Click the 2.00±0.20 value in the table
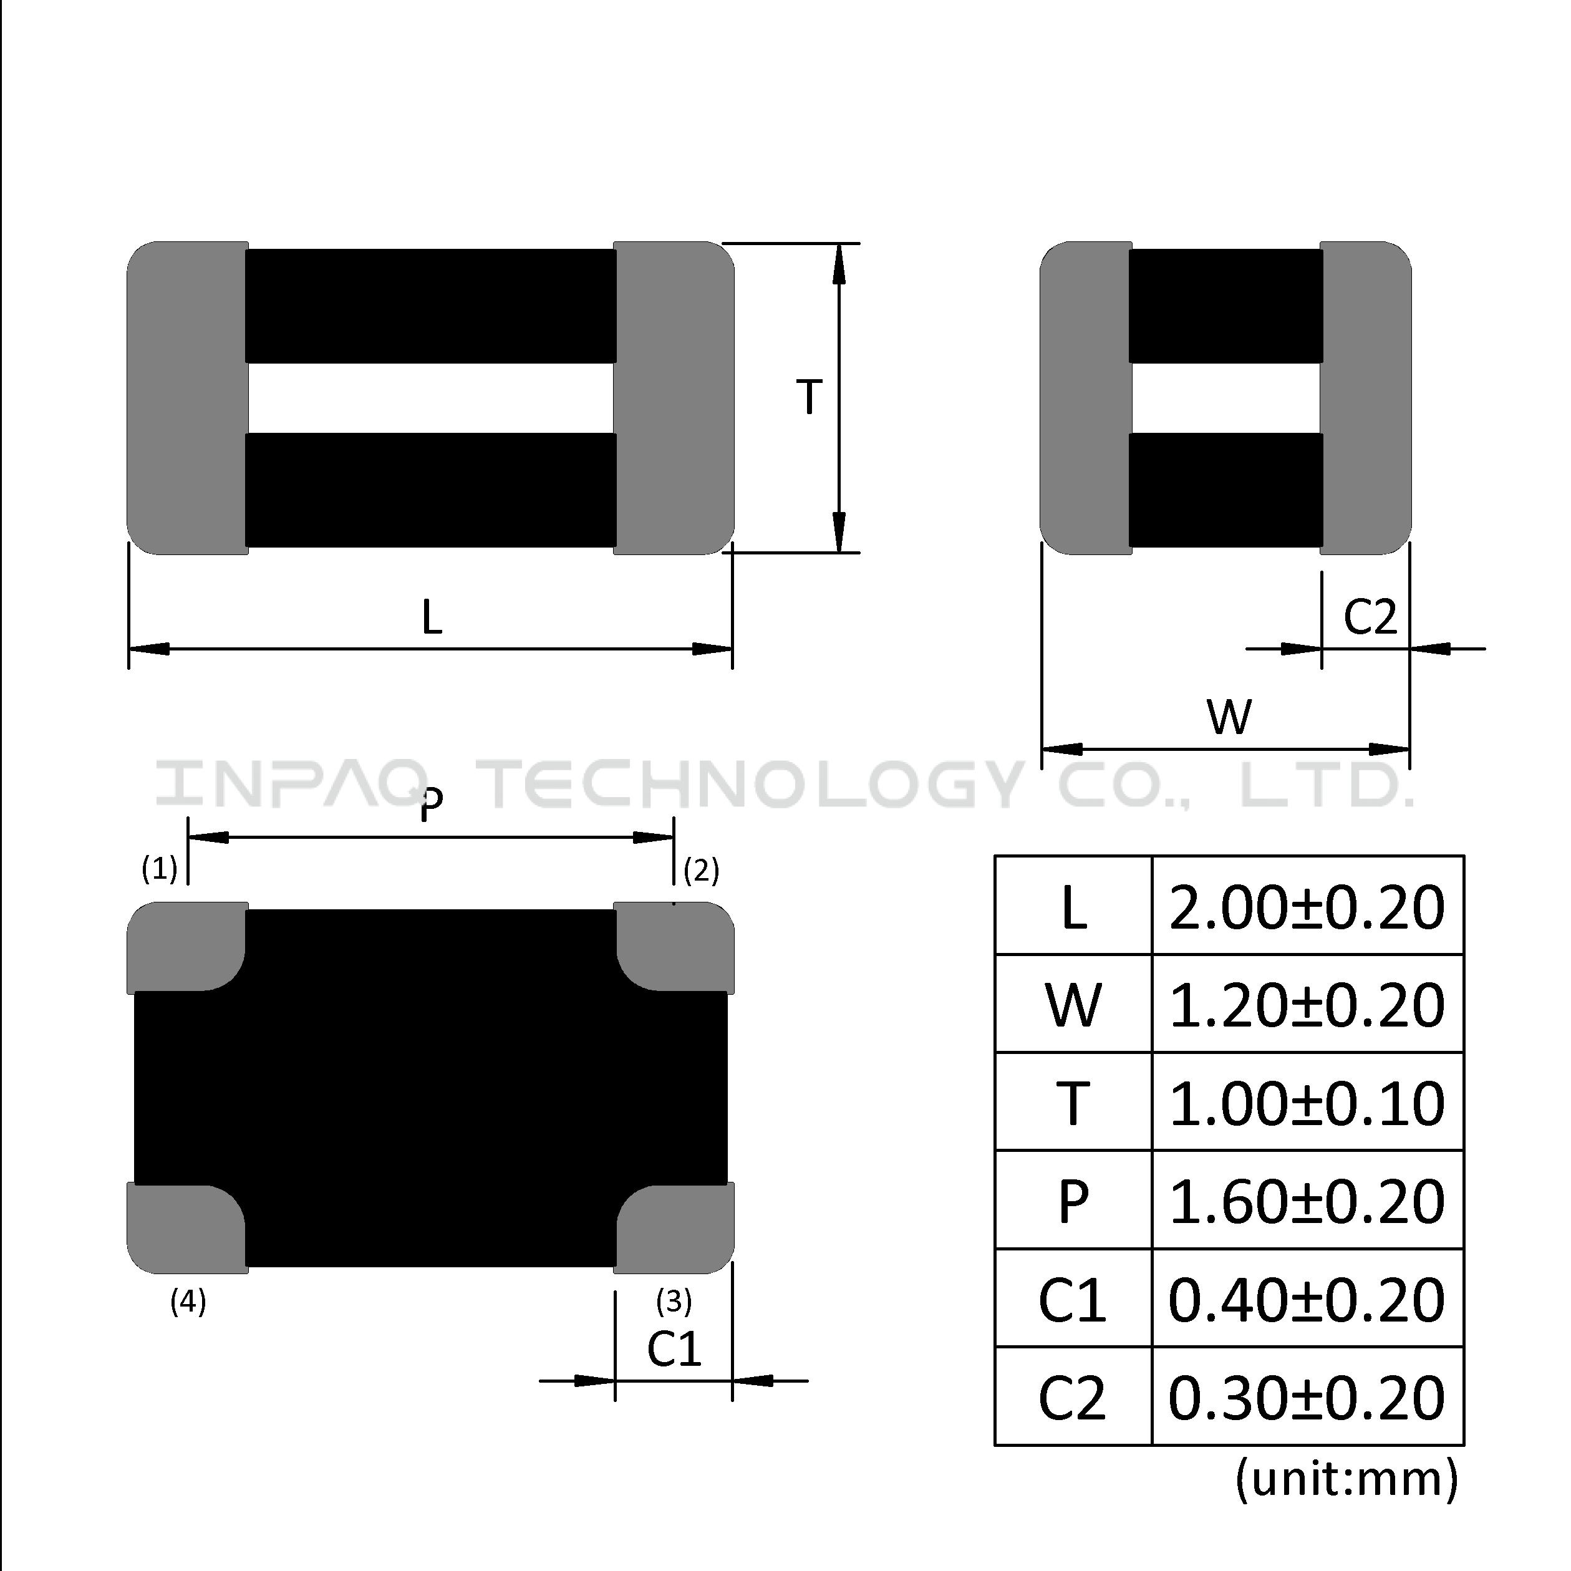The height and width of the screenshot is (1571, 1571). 1307,907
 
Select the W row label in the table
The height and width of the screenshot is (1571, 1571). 1073,1006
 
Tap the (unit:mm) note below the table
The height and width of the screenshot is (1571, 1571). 1346,1478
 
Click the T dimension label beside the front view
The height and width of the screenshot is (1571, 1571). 809,398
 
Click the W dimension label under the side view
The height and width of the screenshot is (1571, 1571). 1229,717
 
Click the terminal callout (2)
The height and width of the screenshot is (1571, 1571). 701,870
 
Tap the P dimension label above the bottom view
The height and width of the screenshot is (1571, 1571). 432,805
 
